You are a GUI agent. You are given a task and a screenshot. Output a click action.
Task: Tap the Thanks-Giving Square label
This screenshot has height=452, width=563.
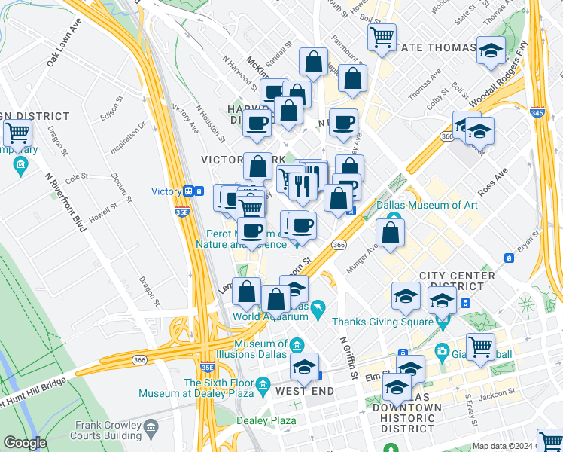click(391, 319)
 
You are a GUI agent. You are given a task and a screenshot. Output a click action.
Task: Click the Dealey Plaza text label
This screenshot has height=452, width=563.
click(266, 420)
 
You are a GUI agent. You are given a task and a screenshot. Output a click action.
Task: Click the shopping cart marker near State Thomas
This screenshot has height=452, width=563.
click(382, 35)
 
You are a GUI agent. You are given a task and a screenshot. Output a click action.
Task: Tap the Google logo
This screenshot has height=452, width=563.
click(25, 443)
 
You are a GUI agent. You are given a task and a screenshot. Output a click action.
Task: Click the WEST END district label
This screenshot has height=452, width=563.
click(302, 392)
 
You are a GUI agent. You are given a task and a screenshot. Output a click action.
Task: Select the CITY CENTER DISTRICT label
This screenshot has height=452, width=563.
click(457, 281)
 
